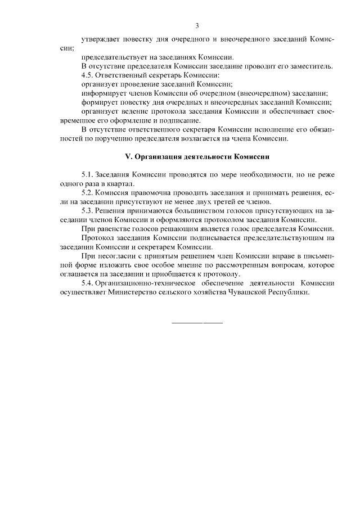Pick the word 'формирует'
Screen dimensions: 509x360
(x=100, y=102)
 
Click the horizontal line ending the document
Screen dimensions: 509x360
(x=197, y=323)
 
